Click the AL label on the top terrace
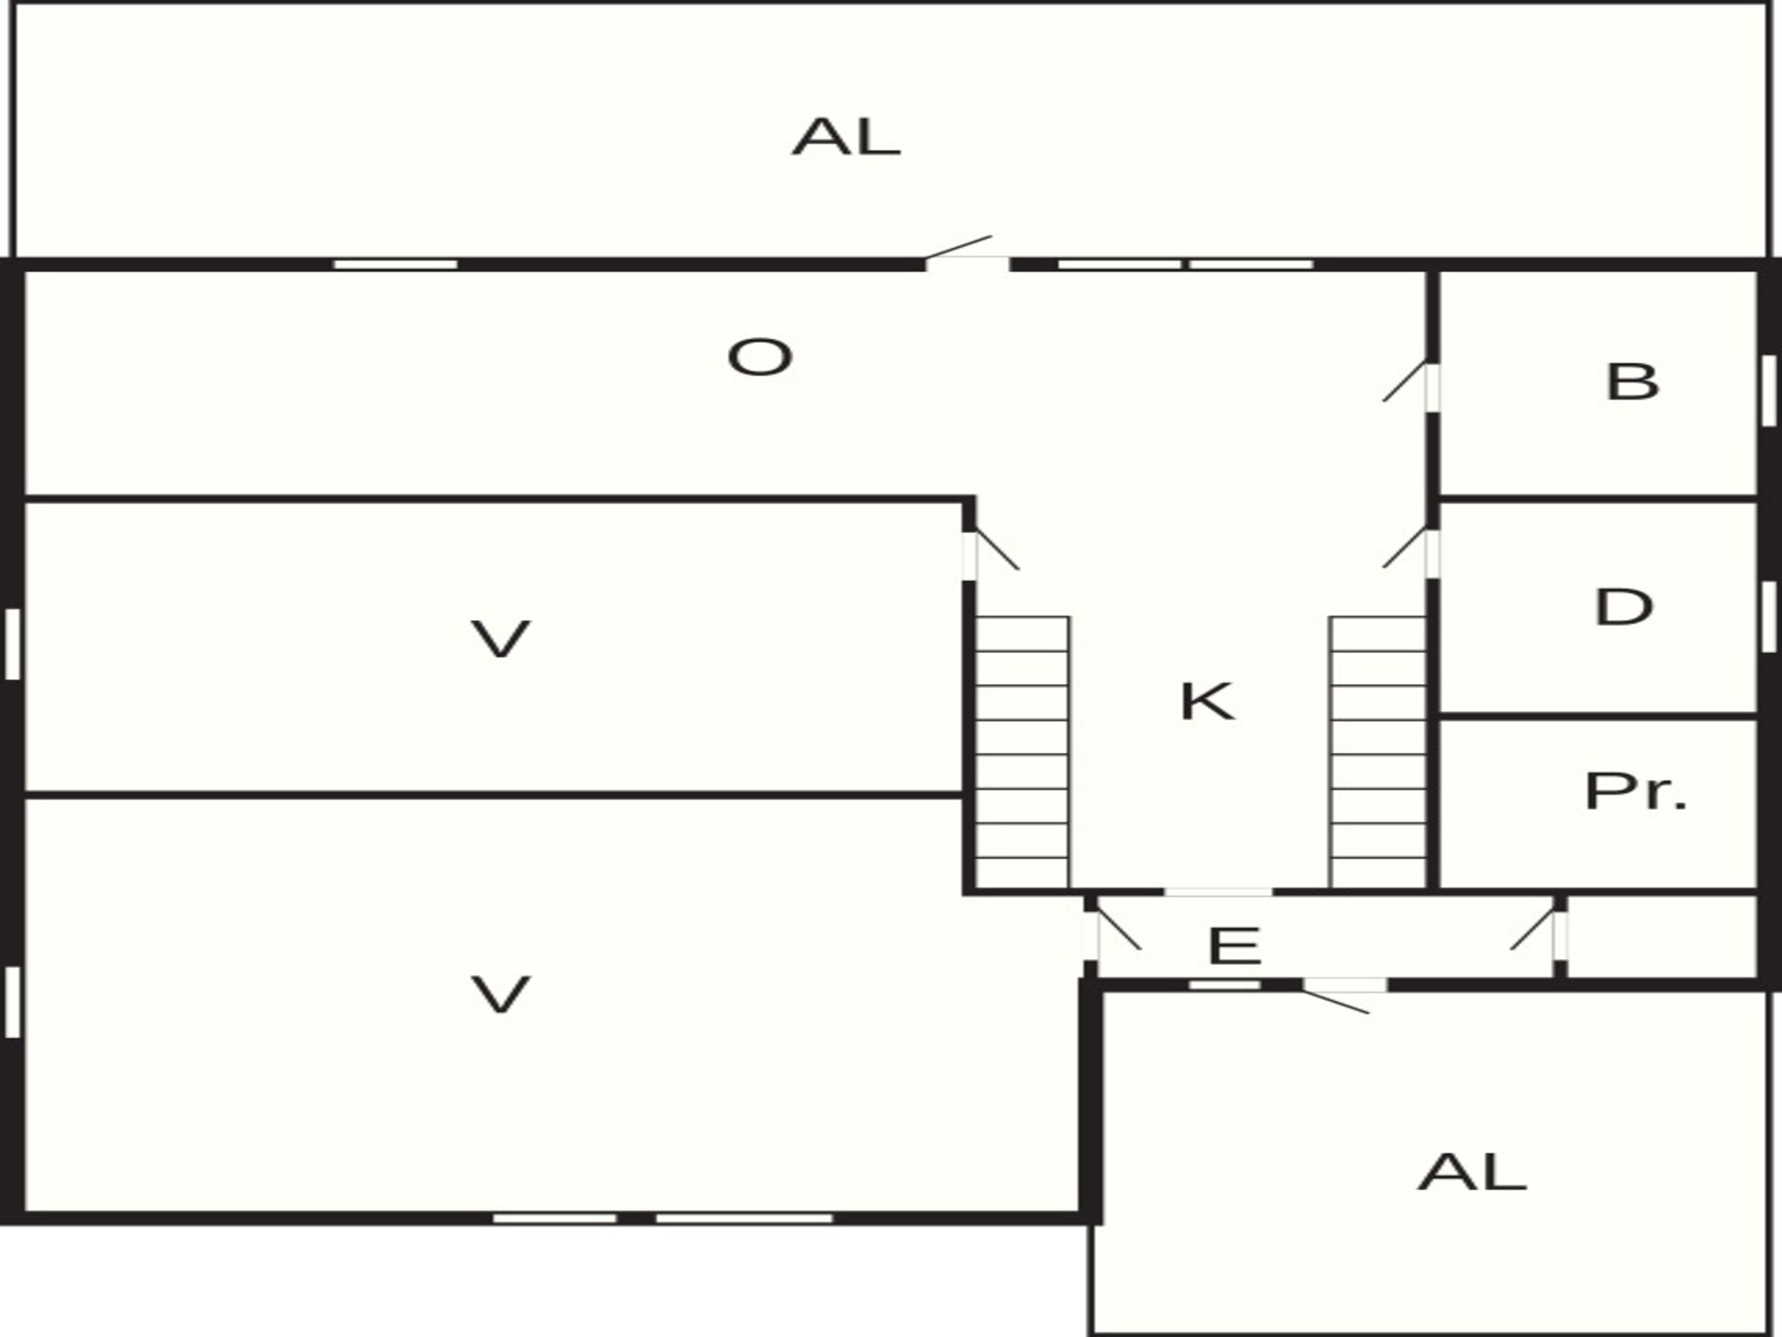coord(846,137)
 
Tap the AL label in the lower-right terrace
coord(1472,1172)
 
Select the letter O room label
coord(759,357)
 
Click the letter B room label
coord(1632,382)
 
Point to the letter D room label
coord(1624,607)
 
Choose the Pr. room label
coord(1635,792)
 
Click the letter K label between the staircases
coord(1207,701)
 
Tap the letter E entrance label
coord(1234,946)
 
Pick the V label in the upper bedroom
coord(501,640)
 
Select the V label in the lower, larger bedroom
coord(501,994)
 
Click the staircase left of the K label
coord(1022,752)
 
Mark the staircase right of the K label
coord(1378,752)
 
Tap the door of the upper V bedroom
coord(991,553)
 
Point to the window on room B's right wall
coord(1769,390)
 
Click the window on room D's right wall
coord(1769,617)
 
